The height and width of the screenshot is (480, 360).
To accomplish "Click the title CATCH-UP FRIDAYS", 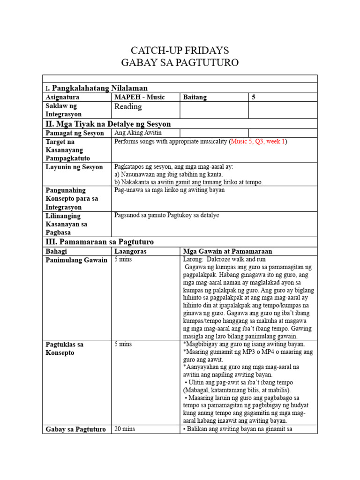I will pyautogui.click(x=180, y=51).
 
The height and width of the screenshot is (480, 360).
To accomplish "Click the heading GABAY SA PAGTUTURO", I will pyautogui.click(x=180, y=63).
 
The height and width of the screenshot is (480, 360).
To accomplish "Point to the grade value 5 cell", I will pyautogui.click(x=254, y=97).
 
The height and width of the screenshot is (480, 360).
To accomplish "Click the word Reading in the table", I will pyautogui.click(x=128, y=106).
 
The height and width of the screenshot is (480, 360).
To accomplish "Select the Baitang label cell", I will pyautogui.click(x=195, y=97).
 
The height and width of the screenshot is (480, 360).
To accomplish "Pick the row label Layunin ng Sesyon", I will pyautogui.click(x=74, y=167).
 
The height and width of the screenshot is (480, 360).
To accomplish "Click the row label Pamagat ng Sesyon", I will pyautogui.click(x=75, y=133).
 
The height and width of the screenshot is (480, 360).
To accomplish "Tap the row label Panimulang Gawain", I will pyautogui.click(x=76, y=260).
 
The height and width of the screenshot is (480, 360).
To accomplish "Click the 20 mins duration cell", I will pyautogui.click(x=124, y=428).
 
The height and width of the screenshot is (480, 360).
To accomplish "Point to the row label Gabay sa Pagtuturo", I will pyautogui.click(x=75, y=429).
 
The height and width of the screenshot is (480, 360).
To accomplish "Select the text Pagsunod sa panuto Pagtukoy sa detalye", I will pyautogui.click(x=166, y=215).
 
